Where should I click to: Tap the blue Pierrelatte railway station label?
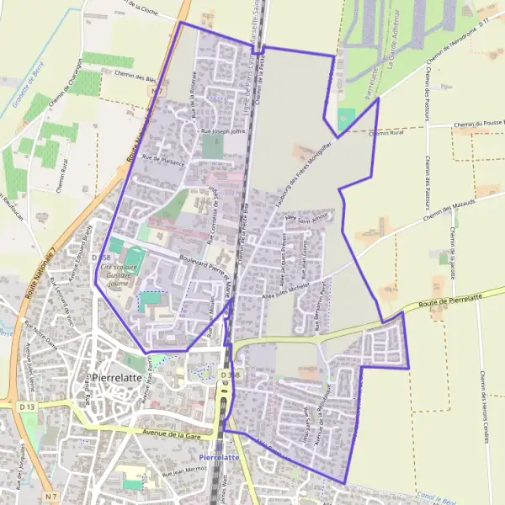(x=221, y=456)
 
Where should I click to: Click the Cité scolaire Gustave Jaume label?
(x=122, y=272)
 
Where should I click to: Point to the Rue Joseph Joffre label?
(x=221, y=132)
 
